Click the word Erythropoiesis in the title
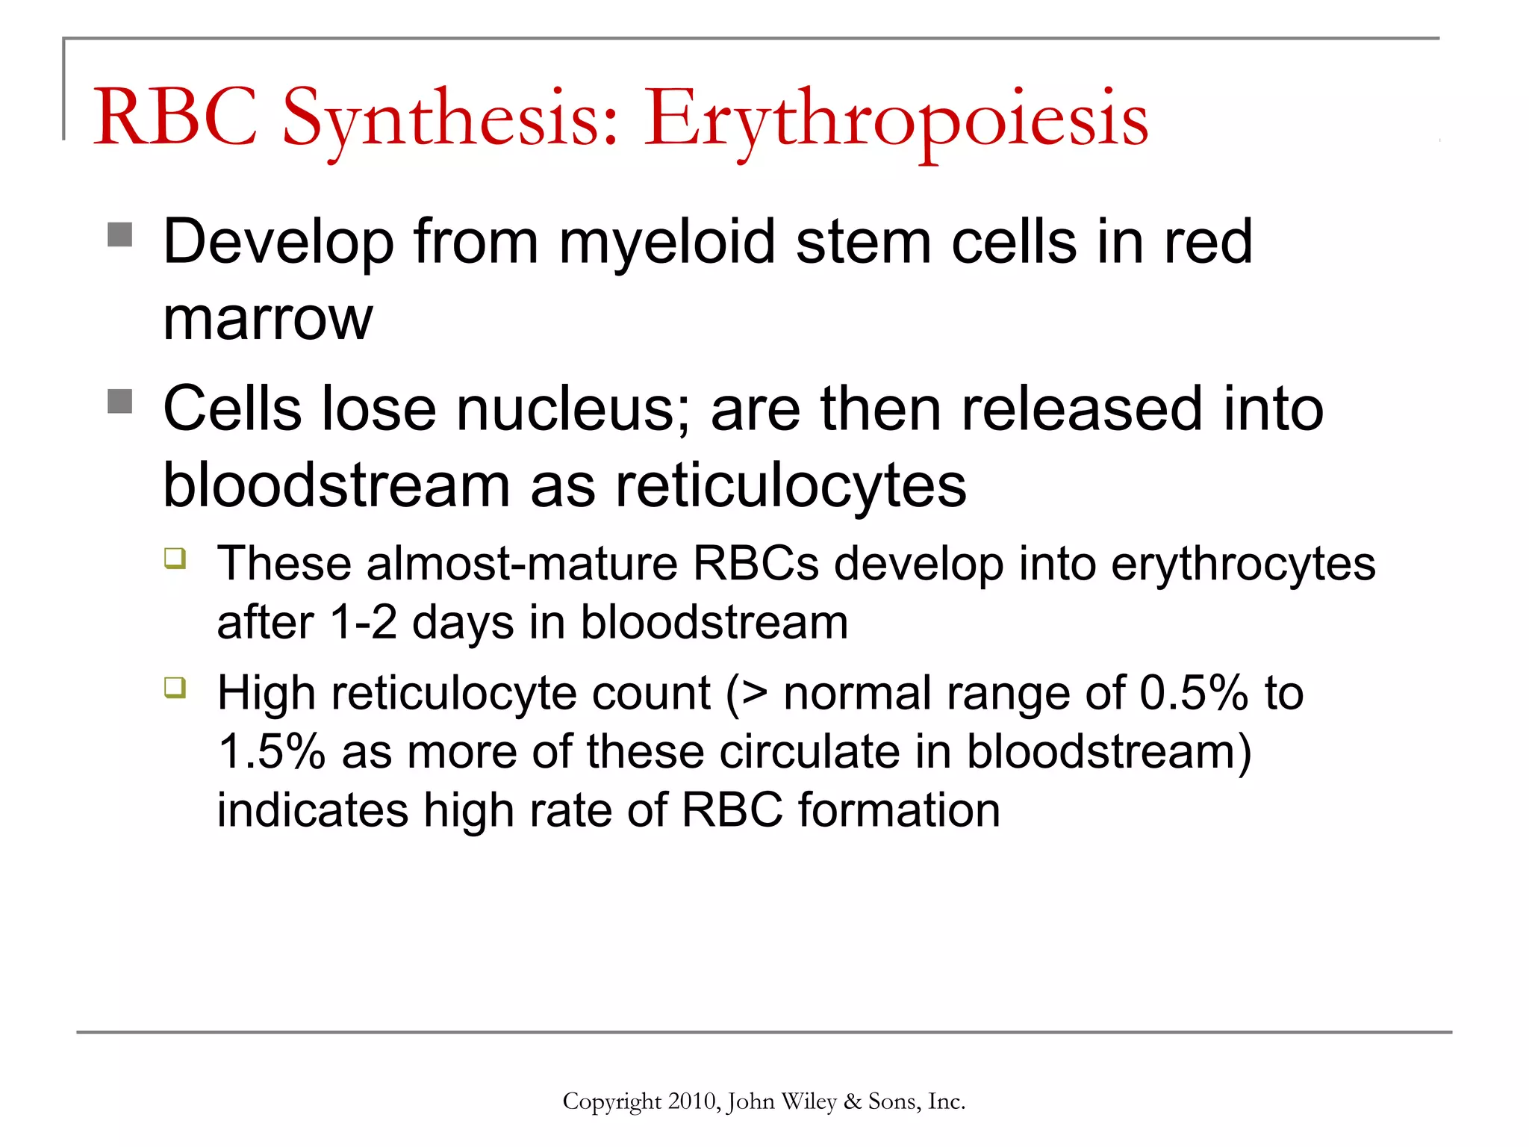coord(896,119)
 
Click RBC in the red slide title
coord(175,117)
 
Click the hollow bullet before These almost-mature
coord(175,559)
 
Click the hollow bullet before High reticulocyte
coord(175,687)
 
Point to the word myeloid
coord(667,243)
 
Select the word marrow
coord(267,320)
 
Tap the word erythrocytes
coord(1242,565)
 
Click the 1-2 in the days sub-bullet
coord(363,623)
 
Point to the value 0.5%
coord(1193,693)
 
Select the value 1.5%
coord(272,751)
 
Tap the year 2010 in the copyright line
coord(693,1101)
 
